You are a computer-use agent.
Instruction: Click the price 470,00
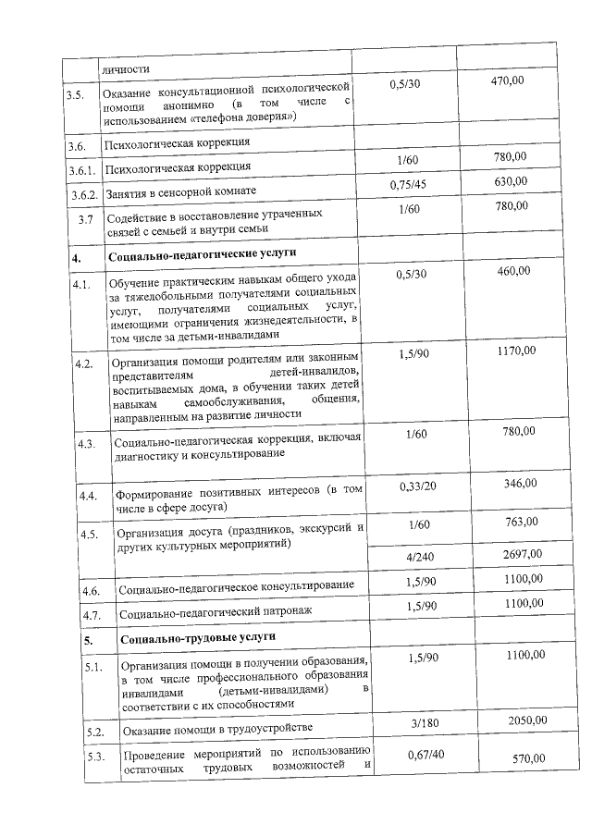507,81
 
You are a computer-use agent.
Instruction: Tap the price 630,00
511,181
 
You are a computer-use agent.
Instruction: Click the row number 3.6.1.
83,170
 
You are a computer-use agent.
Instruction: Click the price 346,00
520,484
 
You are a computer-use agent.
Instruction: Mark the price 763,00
521,523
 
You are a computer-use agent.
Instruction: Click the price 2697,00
524,555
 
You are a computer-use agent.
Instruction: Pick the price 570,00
528,759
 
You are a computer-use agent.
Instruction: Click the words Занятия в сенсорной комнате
179,191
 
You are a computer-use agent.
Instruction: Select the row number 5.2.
92,732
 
